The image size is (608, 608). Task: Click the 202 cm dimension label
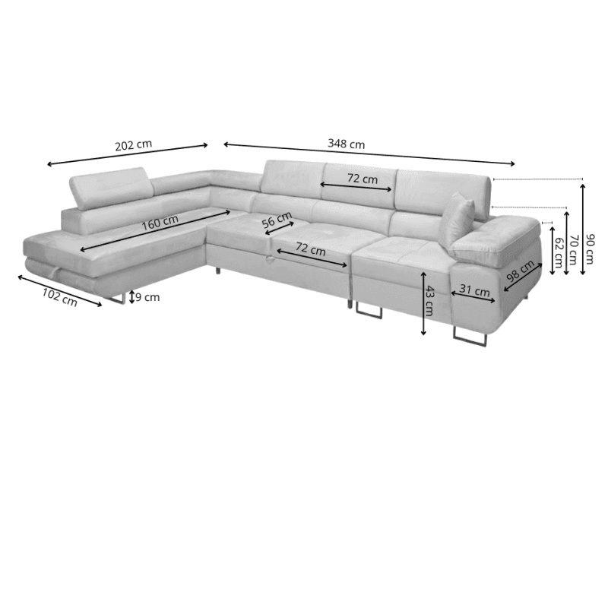(134, 145)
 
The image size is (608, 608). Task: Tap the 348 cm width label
(347, 144)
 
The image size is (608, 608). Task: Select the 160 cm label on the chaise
(160, 222)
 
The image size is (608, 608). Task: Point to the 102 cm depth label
(60, 297)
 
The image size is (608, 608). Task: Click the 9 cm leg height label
(147, 297)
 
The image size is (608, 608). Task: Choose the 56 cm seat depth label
(277, 220)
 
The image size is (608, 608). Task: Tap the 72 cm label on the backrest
(363, 179)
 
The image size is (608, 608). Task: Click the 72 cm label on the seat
(311, 249)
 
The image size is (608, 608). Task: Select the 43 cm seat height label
(429, 300)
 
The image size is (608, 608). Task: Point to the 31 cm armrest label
(474, 290)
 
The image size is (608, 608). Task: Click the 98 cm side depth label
(521, 271)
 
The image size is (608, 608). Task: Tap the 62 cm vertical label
(559, 252)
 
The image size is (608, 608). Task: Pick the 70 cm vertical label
(573, 250)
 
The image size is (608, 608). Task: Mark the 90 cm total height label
(590, 249)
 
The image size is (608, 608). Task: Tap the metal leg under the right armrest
(470, 336)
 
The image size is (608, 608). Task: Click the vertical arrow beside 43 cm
(423, 302)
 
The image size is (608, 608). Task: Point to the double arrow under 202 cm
(128, 155)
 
